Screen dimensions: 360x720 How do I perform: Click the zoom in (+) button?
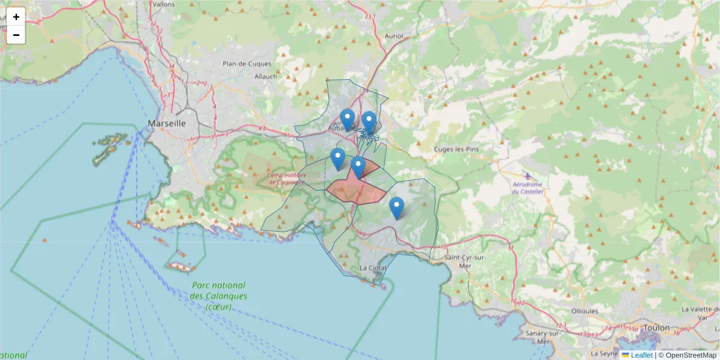(x=16, y=17)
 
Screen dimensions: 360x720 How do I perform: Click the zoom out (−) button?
(x=16, y=35)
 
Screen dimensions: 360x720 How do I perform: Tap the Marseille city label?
(x=167, y=123)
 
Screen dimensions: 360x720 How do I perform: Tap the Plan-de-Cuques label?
(x=247, y=64)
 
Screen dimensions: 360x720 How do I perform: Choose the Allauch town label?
(x=266, y=76)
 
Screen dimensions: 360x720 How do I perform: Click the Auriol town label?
(x=394, y=36)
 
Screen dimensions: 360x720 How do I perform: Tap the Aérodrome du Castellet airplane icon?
(x=527, y=176)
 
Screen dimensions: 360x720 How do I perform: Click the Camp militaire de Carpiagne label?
(x=287, y=178)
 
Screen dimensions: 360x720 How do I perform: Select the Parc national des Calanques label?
(x=218, y=296)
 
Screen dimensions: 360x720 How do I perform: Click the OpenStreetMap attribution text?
(x=691, y=355)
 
